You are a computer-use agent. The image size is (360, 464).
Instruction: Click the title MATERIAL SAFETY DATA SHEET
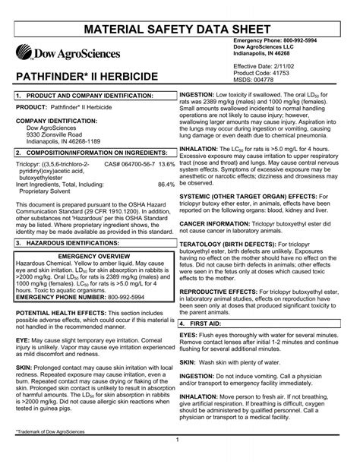[180, 14]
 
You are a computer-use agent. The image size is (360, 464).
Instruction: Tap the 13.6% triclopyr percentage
[167, 142]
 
